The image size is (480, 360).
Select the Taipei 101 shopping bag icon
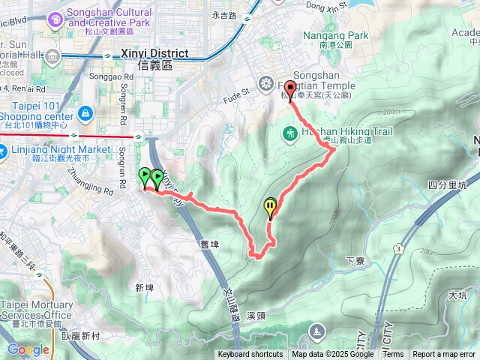85,113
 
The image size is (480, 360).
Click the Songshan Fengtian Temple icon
265,82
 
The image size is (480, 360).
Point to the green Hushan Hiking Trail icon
289,134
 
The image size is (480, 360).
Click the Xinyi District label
166,55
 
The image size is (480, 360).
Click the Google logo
28,350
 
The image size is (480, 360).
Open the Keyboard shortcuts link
250,355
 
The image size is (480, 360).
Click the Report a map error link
445,355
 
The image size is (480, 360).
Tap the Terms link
393,355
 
